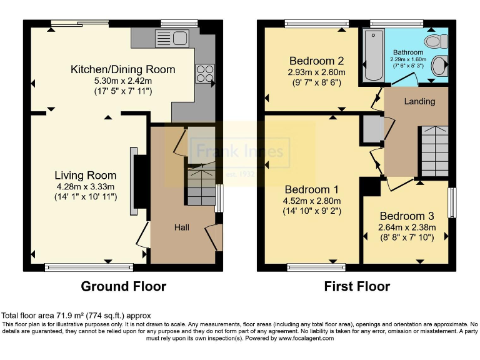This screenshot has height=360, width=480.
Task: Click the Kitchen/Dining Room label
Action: pyautogui.click(x=122, y=69)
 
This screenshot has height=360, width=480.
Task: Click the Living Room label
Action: pyautogui.click(x=85, y=174)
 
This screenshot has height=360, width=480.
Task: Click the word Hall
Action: pyautogui.click(x=181, y=227)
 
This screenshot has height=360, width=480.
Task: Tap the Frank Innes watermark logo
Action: pyautogui.click(x=240, y=151)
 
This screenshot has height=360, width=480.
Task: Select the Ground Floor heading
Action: pyautogui.click(x=124, y=287)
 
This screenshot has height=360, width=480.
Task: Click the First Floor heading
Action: pyautogui.click(x=357, y=287)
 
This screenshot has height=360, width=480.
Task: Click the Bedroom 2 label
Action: pyautogui.click(x=316, y=61)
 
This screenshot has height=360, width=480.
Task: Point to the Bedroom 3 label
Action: pyautogui.click(x=406, y=216)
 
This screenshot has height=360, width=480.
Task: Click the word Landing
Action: pyautogui.click(x=419, y=101)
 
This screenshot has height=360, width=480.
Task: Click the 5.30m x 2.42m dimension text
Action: pyautogui.click(x=122, y=81)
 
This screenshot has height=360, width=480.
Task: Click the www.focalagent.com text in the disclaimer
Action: pyautogui.click(x=297, y=338)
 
